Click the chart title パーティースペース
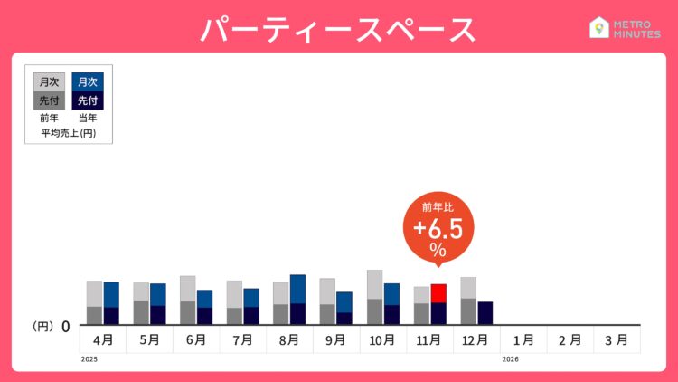[337, 29]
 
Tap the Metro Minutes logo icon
[598, 28]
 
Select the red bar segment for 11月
[438, 293]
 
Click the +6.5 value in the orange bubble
[438, 227]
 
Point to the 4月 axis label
[102, 340]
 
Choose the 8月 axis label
[289, 340]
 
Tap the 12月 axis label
[476, 340]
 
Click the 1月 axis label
[523, 340]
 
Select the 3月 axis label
[617, 340]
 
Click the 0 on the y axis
[66, 326]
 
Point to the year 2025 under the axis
[88, 359]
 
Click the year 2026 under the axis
[511, 359]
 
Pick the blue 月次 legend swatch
[88, 81]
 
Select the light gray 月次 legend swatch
[49, 81]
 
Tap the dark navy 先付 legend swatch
[88, 100]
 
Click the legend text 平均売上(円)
[69, 133]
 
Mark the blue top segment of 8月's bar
[297, 289]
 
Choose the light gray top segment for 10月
[374, 284]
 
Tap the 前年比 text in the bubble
[438, 207]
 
